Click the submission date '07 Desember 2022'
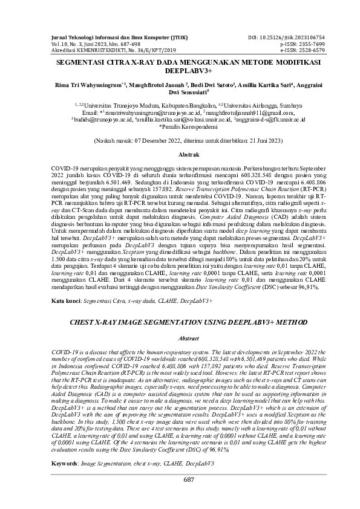point(163,141)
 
